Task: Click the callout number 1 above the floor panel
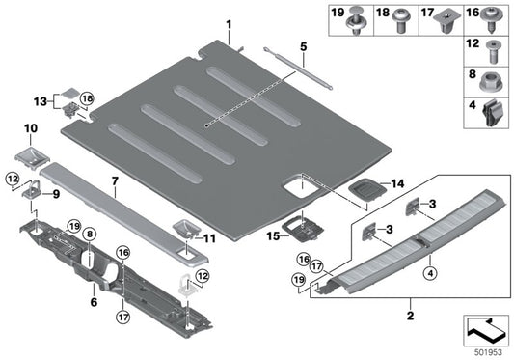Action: pyautogui.click(x=229, y=23)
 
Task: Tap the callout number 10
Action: pyautogui.click(x=29, y=127)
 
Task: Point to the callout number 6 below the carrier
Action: pyautogui.click(x=94, y=301)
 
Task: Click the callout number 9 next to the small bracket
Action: pyautogui.click(x=55, y=193)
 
